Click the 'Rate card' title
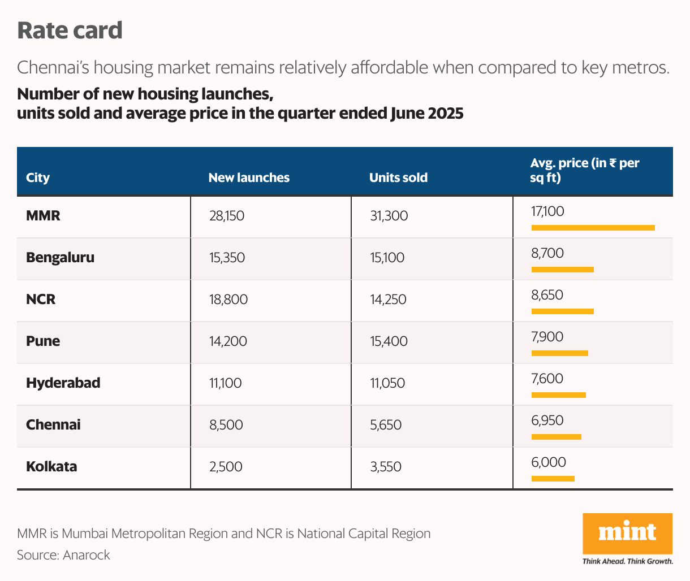tap(70, 31)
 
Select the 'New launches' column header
tap(249, 177)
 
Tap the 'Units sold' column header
tap(398, 177)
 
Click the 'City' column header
tap(38, 177)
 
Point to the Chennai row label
tap(53, 424)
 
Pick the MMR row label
tap(43, 215)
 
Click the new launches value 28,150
tap(227, 216)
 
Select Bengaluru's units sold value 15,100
tap(387, 258)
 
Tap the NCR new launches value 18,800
tap(228, 300)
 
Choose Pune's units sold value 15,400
tap(389, 341)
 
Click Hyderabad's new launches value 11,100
tap(225, 383)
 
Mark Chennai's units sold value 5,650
tap(386, 425)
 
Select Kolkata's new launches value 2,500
tap(226, 467)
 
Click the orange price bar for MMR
tap(593, 228)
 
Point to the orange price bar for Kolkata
tap(553, 479)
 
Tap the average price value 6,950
tap(547, 420)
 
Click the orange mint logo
tap(627, 533)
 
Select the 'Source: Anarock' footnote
tap(63, 555)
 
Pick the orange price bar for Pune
tap(559, 353)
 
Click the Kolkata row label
tap(51, 466)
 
